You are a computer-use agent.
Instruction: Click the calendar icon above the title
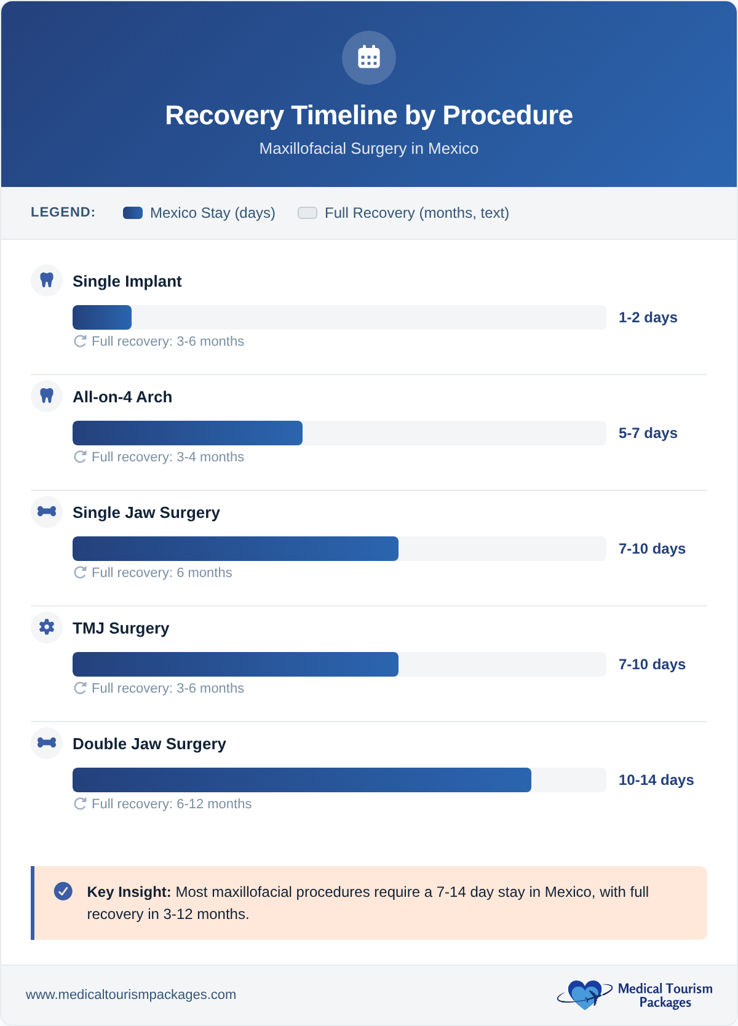tap(369, 58)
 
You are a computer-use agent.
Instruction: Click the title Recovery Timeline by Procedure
tap(369, 116)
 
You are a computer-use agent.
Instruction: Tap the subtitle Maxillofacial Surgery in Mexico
tap(369, 149)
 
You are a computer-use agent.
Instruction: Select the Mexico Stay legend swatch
tap(133, 213)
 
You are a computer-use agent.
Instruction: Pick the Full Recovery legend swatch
tap(307, 213)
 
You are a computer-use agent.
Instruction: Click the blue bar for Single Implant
tap(102, 317)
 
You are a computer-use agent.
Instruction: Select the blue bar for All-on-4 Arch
tap(188, 433)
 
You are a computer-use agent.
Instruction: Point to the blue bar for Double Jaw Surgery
tap(301, 780)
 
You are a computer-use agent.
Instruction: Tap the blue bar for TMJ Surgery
tap(236, 664)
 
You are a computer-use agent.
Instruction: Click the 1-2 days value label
tap(648, 317)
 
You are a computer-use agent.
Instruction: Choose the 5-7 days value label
tap(648, 433)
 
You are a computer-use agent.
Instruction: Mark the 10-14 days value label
tap(656, 780)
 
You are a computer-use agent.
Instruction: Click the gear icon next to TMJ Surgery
tap(47, 627)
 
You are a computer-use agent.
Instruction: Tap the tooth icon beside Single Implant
tap(47, 280)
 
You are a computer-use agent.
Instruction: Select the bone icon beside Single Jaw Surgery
tap(47, 511)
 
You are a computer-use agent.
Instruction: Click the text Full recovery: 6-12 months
tap(171, 804)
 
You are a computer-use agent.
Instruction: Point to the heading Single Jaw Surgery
tap(146, 512)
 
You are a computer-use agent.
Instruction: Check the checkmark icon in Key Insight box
tap(63, 891)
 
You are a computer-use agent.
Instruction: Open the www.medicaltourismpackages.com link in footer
tap(131, 995)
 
